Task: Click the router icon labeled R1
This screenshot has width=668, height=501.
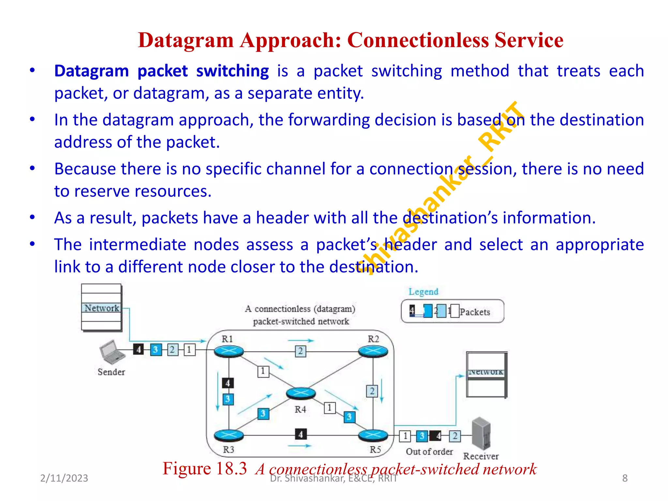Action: point(229,351)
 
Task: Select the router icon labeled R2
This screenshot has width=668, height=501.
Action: point(373,351)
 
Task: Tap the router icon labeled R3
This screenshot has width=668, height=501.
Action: point(229,435)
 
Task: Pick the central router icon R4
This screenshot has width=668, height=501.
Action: point(301,393)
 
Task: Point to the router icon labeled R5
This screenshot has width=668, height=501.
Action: point(373,435)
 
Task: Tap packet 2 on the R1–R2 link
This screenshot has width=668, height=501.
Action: point(300,351)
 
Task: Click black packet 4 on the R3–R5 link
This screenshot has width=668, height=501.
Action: point(300,434)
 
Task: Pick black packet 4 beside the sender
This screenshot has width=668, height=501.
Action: point(139,350)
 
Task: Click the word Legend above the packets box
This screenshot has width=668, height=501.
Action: point(423,292)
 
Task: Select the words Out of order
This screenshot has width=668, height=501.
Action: point(429,452)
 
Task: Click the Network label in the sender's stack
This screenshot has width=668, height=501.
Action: point(101,308)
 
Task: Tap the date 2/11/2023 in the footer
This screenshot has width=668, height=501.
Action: point(64,478)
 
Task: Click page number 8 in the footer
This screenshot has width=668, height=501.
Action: point(625,478)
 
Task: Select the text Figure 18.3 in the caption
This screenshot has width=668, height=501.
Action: point(205,469)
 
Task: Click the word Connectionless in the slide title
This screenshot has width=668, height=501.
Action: point(418,40)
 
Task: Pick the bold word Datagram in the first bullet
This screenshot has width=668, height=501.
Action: point(91,71)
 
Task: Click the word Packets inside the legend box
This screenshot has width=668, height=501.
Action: point(475,312)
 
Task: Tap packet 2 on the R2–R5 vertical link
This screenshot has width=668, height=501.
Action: point(372,391)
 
